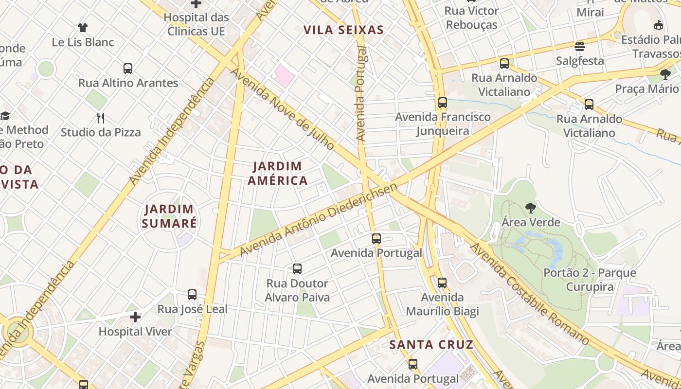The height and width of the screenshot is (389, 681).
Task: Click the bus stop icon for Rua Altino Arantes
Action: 128,69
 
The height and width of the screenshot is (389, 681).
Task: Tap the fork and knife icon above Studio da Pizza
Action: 101,118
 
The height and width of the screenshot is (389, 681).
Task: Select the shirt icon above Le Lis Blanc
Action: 83,28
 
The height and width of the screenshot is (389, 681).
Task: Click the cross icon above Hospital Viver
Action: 135,318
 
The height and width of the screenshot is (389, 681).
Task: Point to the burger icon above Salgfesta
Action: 580,47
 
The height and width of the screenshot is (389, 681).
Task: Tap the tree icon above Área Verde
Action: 531,208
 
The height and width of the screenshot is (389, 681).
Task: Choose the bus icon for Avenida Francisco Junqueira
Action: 442,103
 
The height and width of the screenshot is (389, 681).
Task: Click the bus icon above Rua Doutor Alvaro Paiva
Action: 297,268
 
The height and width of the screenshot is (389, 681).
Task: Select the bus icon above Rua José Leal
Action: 192,295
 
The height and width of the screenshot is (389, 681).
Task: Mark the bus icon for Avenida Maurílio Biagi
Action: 442,283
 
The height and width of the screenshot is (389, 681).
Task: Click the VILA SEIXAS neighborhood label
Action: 343,30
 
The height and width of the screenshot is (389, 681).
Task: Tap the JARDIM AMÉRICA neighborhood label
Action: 278,174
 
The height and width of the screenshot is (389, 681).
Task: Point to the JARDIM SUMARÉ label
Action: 169,216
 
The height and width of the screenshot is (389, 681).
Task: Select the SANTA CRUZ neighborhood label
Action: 431,345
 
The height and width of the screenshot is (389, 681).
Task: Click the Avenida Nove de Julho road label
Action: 282,109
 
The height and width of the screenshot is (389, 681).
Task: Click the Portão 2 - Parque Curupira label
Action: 590,280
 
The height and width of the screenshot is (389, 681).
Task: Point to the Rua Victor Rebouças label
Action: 472,18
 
